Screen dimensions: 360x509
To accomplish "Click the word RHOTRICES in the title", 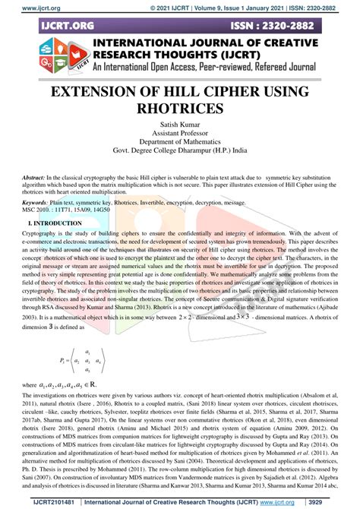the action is tap(179, 109).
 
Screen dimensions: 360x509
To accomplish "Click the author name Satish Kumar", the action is tap(180, 125).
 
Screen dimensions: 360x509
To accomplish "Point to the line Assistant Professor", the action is tap(180, 133).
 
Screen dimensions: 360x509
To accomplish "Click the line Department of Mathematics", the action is tap(180, 142).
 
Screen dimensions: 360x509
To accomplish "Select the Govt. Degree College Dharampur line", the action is tap(180, 151).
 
